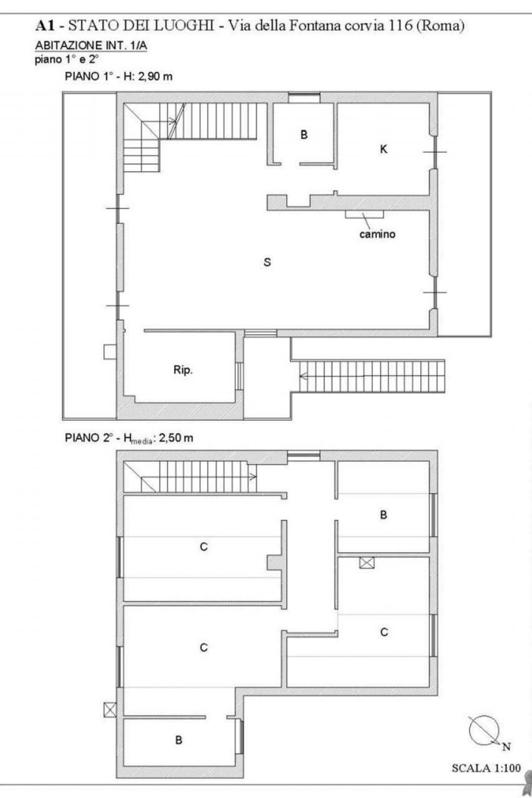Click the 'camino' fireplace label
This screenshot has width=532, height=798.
click(x=377, y=234)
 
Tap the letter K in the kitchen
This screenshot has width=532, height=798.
click(x=383, y=149)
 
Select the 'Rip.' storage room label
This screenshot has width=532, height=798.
click(x=183, y=370)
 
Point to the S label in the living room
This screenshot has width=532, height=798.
click(x=267, y=262)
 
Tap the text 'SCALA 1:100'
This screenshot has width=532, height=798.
click(x=486, y=768)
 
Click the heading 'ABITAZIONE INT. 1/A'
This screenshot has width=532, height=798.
click(x=91, y=46)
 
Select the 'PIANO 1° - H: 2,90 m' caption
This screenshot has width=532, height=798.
click(x=118, y=76)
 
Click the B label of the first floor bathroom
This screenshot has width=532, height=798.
click(x=304, y=135)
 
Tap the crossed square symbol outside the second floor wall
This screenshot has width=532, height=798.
click(x=110, y=709)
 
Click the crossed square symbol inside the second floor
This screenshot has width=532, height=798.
click(x=367, y=563)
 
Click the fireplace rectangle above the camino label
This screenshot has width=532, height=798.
click(x=364, y=214)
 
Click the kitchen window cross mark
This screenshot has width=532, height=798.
click(x=435, y=152)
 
